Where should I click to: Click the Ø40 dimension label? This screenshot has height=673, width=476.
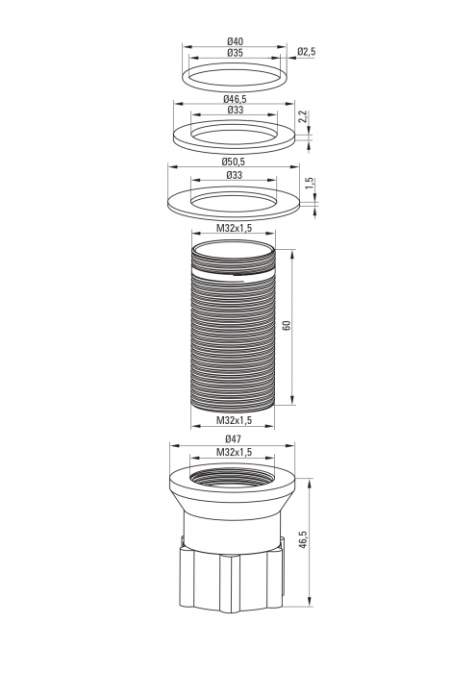click(x=235, y=41)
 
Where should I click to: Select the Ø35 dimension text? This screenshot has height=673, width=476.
click(x=235, y=53)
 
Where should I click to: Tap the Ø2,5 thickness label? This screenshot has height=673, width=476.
click(x=307, y=52)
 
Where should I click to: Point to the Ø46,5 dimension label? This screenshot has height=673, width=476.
click(x=235, y=99)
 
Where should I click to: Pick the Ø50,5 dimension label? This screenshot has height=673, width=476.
click(x=234, y=162)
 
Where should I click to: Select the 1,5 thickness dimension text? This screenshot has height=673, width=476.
click(x=310, y=184)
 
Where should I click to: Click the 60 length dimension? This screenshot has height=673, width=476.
click(x=288, y=325)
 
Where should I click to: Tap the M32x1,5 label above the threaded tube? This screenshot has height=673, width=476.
click(x=234, y=229)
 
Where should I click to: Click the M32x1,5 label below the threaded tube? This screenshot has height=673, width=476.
click(x=234, y=420)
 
